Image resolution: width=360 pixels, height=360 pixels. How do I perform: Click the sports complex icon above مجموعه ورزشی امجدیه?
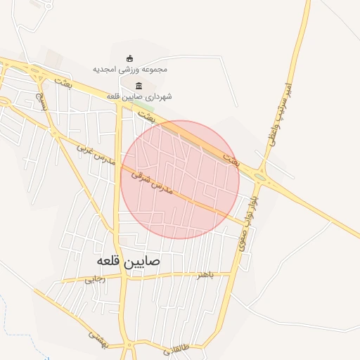pyautogui.click(x=130, y=58)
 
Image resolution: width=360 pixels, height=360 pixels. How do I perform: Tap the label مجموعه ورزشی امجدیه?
pyautogui.click(x=130, y=70)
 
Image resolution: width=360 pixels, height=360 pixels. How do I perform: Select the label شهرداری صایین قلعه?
pyautogui.click(x=139, y=96)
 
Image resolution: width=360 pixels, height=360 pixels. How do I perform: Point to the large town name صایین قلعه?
pyautogui.click(x=124, y=262)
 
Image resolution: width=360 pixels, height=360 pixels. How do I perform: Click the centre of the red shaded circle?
pyautogui.click(x=180, y=179)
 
